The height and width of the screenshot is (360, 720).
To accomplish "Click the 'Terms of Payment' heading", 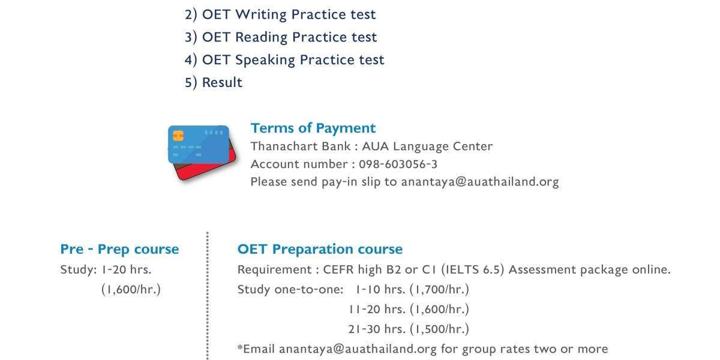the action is pyautogui.click(x=313, y=128).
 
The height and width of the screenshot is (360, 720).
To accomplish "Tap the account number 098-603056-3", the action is pyautogui.click(x=398, y=164).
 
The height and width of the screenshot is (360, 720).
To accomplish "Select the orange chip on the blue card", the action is pyautogui.click(x=178, y=136).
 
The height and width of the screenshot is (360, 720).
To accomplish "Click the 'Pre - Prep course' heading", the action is pyautogui.click(x=119, y=250).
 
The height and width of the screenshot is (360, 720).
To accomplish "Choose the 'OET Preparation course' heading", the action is pyautogui.click(x=320, y=250).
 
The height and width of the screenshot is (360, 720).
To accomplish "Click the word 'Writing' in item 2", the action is pyautogui.click(x=260, y=15).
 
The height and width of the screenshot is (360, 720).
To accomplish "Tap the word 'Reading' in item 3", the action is pyautogui.click(x=262, y=37).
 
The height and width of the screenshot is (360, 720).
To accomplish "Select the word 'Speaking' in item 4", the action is pyautogui.click(x=265, y=60).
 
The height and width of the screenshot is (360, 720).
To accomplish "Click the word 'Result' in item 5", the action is pyautogui.click(x=222, y=83).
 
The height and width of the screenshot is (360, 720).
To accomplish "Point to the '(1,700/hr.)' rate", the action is pyautogui.click(x=439, y=289).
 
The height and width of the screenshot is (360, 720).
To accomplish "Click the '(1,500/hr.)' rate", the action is pyautogui.click(x=439, y=329).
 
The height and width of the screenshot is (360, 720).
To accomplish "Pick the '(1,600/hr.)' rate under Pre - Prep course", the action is pyautogui.click(x=131, y=289).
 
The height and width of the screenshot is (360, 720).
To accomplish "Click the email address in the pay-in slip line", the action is pyautogui.click(x=480, y=182).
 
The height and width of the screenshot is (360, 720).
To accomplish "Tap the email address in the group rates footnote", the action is pyautogui.click(x=358, y=349).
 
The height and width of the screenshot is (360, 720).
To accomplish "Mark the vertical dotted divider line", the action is pyautogui.click(x=208, y=296).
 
